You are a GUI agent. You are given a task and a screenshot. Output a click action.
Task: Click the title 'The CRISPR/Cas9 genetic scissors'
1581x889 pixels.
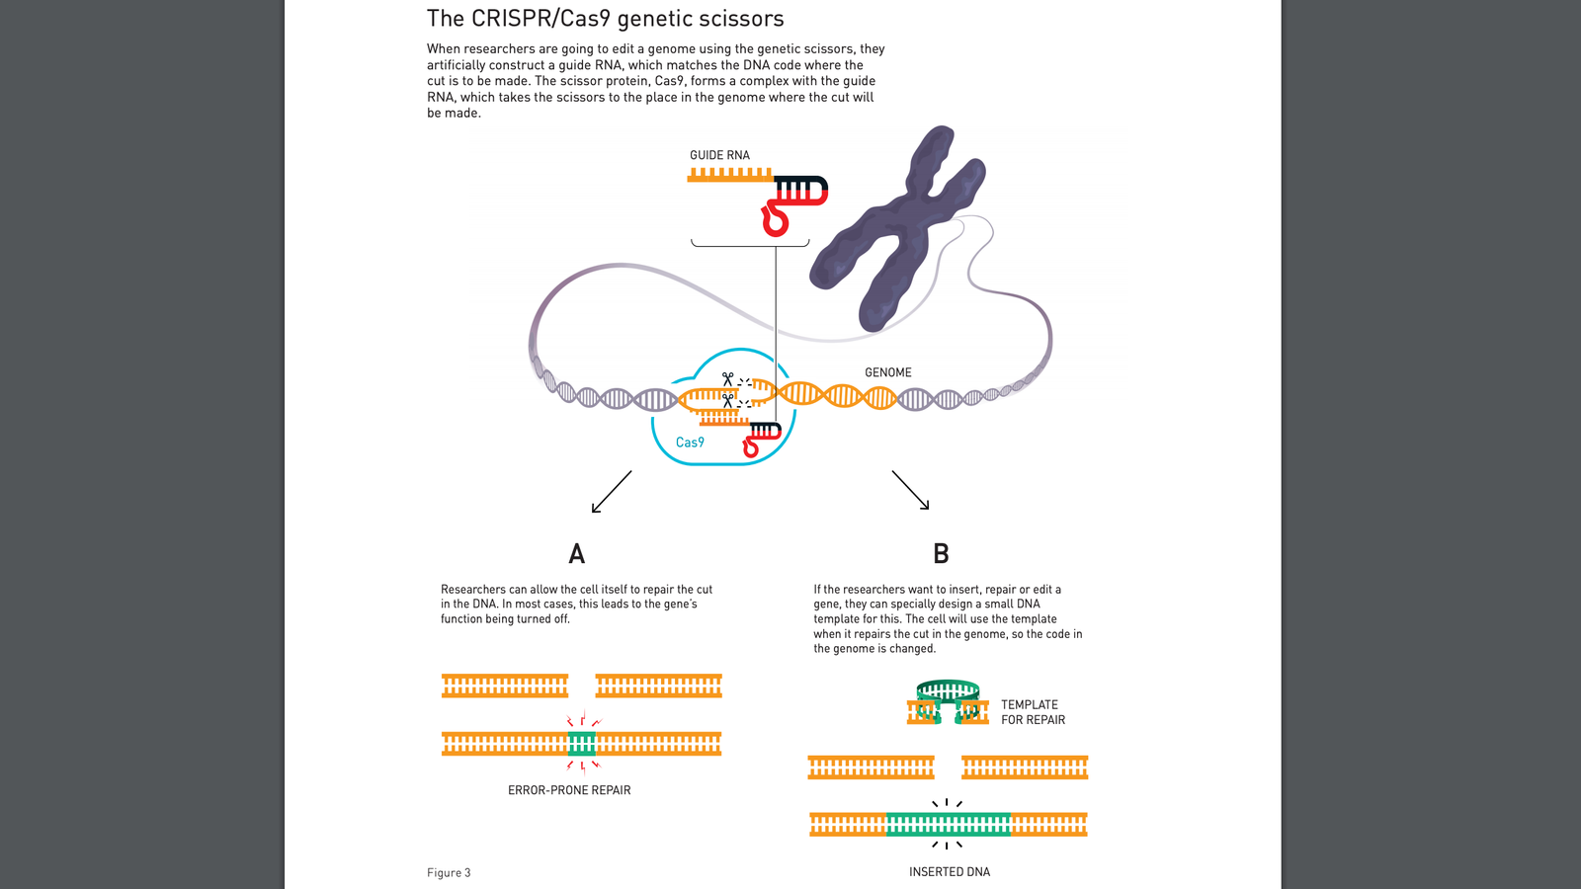[605, 19]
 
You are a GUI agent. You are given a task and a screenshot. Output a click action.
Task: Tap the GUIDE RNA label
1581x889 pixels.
[719, 155]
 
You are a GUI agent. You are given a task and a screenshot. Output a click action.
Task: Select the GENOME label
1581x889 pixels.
[887, 372]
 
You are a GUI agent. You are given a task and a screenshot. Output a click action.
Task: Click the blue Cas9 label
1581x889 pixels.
[690, 443]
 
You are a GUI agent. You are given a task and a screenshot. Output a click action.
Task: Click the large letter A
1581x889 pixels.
[577, 554]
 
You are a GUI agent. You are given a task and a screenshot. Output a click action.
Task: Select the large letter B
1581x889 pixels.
[941, 554]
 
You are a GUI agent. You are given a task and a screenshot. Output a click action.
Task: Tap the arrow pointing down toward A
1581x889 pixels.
[611, 492]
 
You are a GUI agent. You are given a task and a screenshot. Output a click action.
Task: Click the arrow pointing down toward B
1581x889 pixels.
[910, 490]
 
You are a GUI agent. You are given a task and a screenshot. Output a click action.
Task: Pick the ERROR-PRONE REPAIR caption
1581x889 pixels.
[569, 790]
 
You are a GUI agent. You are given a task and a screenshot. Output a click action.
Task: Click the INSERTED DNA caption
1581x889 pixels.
[949, 872]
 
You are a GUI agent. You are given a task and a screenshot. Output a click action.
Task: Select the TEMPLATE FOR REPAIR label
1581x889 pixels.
[1033, 712]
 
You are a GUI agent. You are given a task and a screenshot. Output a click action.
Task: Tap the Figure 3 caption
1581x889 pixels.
[449, 873]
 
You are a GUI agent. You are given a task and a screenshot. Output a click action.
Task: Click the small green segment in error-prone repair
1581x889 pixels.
[582, 744]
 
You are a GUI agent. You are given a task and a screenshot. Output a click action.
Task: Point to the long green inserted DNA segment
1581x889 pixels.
[949, 824]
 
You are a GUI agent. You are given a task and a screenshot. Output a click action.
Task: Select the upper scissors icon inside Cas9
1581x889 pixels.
[728, 378]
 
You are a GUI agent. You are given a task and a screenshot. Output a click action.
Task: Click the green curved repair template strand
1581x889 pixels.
[948, 689]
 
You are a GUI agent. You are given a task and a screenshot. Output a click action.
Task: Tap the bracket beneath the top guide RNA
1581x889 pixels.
[750, 243]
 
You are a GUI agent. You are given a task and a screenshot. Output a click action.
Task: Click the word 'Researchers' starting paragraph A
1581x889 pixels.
[472, 590]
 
